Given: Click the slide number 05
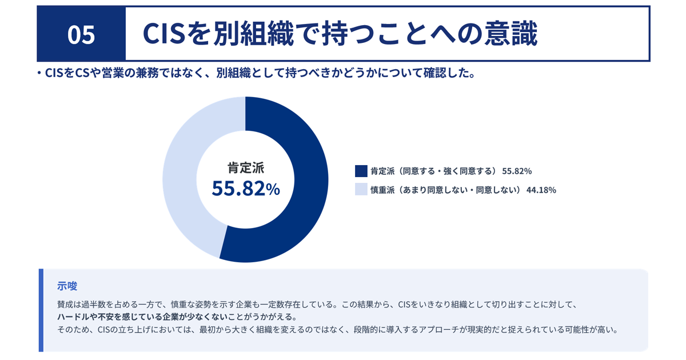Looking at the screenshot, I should [81, 35].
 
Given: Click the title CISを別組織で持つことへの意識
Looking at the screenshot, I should [340, 35].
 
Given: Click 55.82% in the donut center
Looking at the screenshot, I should [246, 188].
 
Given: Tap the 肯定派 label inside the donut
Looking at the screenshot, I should [246, 167].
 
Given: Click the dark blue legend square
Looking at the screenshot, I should [361, 171].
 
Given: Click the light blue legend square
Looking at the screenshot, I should [361, 190].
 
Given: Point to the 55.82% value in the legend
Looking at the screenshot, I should [517, 171].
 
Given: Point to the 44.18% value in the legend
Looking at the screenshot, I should [541, 190].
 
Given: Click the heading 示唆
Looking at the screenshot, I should [67, 286].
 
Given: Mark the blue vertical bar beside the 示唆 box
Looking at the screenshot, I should [41, 310].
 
